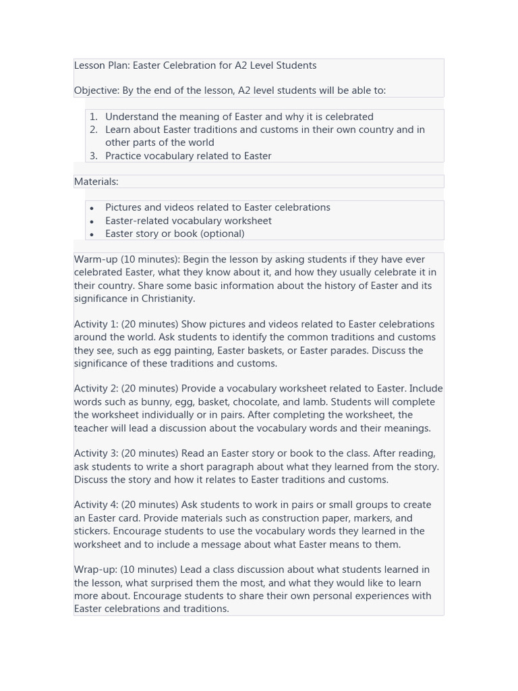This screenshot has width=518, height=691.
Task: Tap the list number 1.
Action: pos(93,117)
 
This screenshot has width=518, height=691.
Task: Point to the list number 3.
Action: pos(93,156)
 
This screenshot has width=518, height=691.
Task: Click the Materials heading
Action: pos(96,182)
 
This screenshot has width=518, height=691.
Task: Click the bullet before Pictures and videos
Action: pos(92,209)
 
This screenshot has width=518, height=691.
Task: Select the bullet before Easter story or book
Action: pos(92,234)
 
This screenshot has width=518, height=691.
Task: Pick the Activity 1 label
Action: pos(95,324)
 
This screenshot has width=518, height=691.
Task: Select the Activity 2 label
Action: pos(95,389)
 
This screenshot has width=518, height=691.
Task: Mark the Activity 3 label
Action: pos(95,453)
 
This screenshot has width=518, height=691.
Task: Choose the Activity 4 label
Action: pos(95,505)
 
